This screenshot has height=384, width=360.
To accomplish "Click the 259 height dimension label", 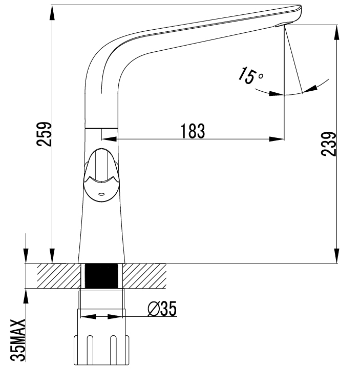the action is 44,134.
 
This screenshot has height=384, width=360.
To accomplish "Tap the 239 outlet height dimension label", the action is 329,144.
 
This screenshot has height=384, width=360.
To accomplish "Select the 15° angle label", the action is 250,76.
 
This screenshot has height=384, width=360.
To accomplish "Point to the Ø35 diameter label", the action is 162,309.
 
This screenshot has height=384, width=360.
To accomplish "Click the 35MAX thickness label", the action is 18,340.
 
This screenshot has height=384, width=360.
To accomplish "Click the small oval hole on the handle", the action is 101,194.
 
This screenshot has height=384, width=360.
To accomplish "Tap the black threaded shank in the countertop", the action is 101,276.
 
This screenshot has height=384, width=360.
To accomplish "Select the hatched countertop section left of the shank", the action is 59,276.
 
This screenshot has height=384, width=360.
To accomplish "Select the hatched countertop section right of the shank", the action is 144,276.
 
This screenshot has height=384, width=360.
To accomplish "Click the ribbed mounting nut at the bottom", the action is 101,350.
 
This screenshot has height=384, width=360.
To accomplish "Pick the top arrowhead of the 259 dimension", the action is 52,12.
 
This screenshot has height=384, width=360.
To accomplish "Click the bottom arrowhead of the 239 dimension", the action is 337,256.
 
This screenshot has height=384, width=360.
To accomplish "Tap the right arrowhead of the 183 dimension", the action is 277,139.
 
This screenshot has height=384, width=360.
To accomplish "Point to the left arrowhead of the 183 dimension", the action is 109,139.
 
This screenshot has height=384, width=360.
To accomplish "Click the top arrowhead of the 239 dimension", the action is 337,32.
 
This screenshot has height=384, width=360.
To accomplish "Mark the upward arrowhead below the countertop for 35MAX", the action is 26,296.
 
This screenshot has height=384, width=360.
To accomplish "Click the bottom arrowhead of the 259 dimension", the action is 52,256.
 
